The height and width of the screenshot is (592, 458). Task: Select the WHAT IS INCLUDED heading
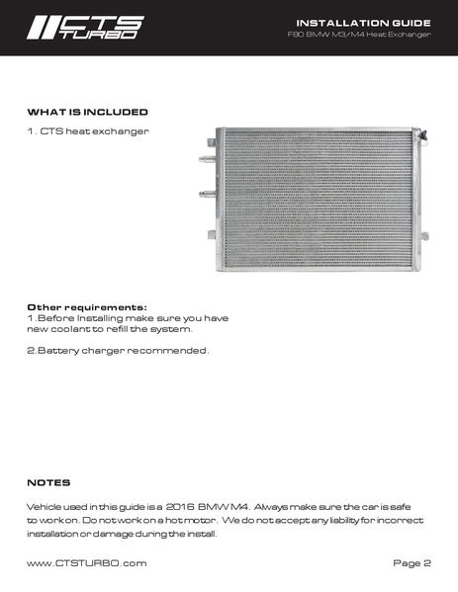(x=87, y=112)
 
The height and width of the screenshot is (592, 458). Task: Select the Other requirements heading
(x=87, y=306)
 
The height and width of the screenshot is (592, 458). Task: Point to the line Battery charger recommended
(x=118, y=351)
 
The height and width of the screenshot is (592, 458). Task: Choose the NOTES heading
(x=48, y=482)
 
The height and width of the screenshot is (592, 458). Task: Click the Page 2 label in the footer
(x=412, y=563)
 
